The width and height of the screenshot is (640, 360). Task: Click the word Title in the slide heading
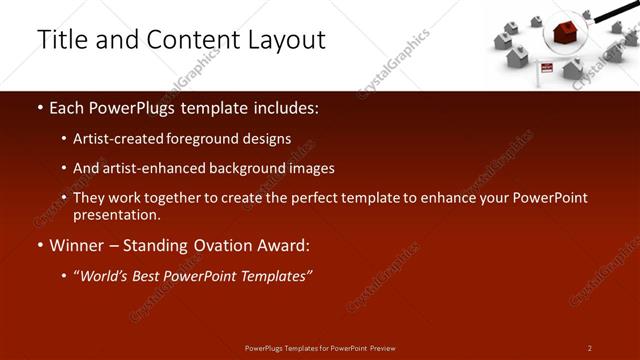coord(61,40)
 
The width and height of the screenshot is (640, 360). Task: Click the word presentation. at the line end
coord(116,214)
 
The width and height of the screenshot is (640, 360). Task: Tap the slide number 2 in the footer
coord(590,347)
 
